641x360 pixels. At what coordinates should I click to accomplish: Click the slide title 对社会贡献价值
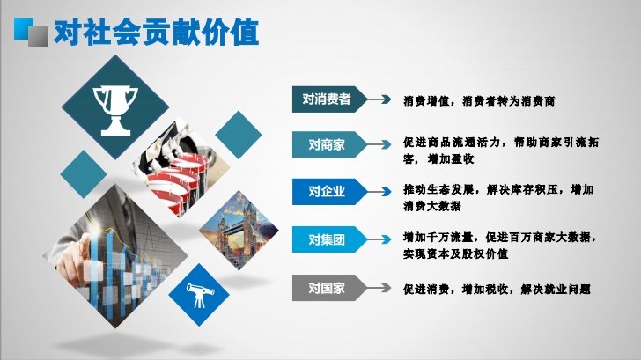pyautogui.click(x=156, y=33)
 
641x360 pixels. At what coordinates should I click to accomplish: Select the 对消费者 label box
pyautogui.click(x=329, y=99)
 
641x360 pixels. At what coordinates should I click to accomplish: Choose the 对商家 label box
pyautogui.click(x=329, y=144)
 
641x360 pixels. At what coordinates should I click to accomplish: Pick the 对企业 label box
pyautogui.click(x=329, y=192)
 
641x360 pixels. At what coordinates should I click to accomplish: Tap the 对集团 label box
pyautogui.click(x=329, y=239)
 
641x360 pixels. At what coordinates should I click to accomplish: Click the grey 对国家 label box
pyautogui.click(x=329, y=288)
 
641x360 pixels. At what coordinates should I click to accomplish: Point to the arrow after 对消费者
pyautogui.click(x=379, y=99)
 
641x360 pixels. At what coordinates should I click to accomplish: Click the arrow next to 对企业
pyautogui.click(x=379, y=192)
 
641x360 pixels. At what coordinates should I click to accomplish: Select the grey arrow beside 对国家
pyautogui.click(x=379, y=288)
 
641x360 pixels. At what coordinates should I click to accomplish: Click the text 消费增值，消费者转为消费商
pyautogui.click(x=479, y=101)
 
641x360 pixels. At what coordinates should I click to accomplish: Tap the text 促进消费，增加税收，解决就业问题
pyautogui.click(x=497, y=290)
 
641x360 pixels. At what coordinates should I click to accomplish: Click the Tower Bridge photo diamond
pyautogui.click(x=239, y=230)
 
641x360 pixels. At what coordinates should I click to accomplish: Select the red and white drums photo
pyautogui.click(x=180, y=167)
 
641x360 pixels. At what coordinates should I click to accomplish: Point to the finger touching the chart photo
pyautogui.click(x=115, y=256)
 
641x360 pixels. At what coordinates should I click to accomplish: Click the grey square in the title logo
pyautogui.click(x=38, y=36)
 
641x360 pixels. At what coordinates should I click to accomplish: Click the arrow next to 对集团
pyautogui.click(x=379, y=239)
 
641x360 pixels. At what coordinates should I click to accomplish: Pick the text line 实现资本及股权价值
pyautogui.click(x=455, y=253)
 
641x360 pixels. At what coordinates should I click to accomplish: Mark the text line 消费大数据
pyautogui.click(x=432, y=206)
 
